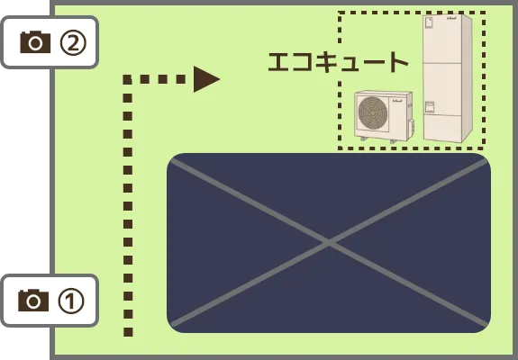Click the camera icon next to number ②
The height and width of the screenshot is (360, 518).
tap(35, 42)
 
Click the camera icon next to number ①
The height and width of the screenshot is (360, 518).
tap(33, 301)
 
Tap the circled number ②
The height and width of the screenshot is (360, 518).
tap(73, 43)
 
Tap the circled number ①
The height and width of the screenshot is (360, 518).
tap(71, 301)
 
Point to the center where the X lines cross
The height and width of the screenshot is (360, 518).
tap(329, 243)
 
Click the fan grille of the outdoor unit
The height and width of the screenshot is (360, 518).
tap(373, 112)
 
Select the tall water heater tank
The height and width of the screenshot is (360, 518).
tap(448, 78)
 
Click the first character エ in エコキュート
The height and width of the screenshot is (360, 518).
tap(279, 62)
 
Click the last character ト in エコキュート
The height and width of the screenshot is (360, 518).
tap(398, 62)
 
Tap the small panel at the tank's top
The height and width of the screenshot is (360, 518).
tap(429, 23)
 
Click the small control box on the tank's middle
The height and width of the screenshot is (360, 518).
tap(429, 107)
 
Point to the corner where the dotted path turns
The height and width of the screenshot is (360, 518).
tap(128, 79)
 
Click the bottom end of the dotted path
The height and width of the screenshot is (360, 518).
tap(128, 332)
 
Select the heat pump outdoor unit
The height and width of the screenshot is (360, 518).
tap(384, 116)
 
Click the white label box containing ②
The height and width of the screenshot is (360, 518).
tap(50, 42)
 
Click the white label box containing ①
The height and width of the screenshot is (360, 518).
tap(50, 301)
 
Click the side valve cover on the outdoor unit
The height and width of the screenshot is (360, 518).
tap(411, 127)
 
